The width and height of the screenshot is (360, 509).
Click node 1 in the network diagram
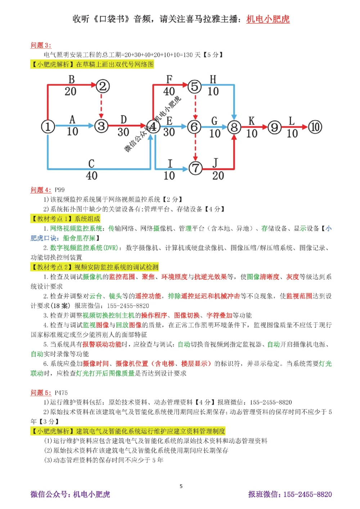point(48,127)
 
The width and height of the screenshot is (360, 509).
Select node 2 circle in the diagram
point(103,86)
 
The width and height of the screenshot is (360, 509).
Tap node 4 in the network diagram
point(153,127)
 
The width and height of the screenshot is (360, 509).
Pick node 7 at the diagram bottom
point(195,168)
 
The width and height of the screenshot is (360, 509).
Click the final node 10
point(315,127)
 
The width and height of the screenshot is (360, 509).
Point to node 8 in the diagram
point(234,127)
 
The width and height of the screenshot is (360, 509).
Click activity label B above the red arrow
point(71,79)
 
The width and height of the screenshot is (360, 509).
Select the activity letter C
point(91,164)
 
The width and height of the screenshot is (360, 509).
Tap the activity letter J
point(215,163)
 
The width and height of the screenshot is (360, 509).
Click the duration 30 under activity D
point(123,132)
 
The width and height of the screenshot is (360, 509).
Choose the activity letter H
point(213,79)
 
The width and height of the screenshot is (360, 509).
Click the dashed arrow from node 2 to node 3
point(102,106)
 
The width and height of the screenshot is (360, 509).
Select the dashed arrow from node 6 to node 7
point(195,147)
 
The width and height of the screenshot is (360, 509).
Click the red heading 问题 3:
point(41,45)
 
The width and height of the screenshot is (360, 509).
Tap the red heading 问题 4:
point(41,190)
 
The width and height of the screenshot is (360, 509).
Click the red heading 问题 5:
point(41,392)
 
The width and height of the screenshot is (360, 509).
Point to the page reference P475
point(61,392)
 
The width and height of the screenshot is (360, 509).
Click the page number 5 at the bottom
point(181,486)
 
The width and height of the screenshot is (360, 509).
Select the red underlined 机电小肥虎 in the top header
point(268,19)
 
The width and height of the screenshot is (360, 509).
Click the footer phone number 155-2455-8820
point(307,494)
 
